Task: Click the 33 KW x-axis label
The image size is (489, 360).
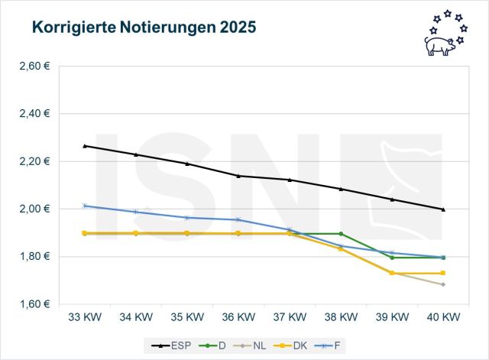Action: pyautogui.click(x=85, y=316)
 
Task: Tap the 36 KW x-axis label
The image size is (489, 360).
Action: pyautogui.click(x=238, y=316)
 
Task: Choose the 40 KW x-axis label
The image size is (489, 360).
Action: pyautogui.click(x=443, y=316)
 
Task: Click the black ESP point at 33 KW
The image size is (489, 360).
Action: pyautogui.click(x=85, y=145)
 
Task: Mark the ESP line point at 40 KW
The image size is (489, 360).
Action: pyautogui.click(x=443, y=209)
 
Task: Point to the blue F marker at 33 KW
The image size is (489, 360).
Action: pyautogui.click(x=85, y=206)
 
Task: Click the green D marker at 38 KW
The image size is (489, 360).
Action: pyautogui.click(x=341, y=234)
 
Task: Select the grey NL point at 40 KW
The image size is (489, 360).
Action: pyautogui.click(x=443, y=284)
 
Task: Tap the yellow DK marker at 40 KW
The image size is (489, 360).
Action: pyautogui.click(x=443, y=273)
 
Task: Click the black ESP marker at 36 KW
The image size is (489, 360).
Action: pyautogui.click(x=238, y=176)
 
